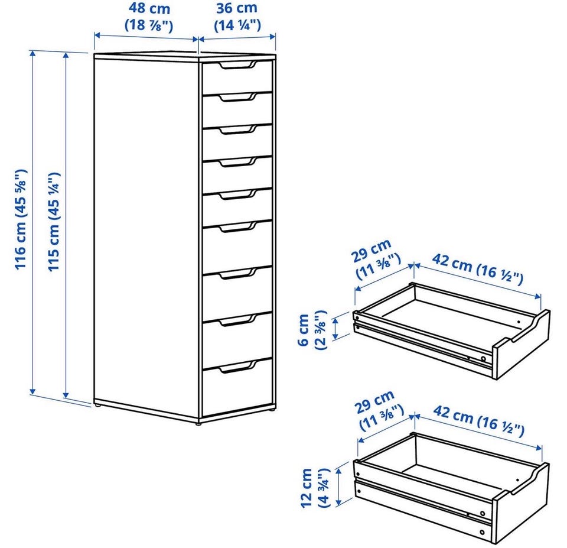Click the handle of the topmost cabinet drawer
[x=237, y=65]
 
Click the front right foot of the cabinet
[x=198, y=422]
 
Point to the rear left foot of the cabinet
[x=97, y=405]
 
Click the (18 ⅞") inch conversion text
[x=149, y=25]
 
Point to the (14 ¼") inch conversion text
[x=237, y=25]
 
